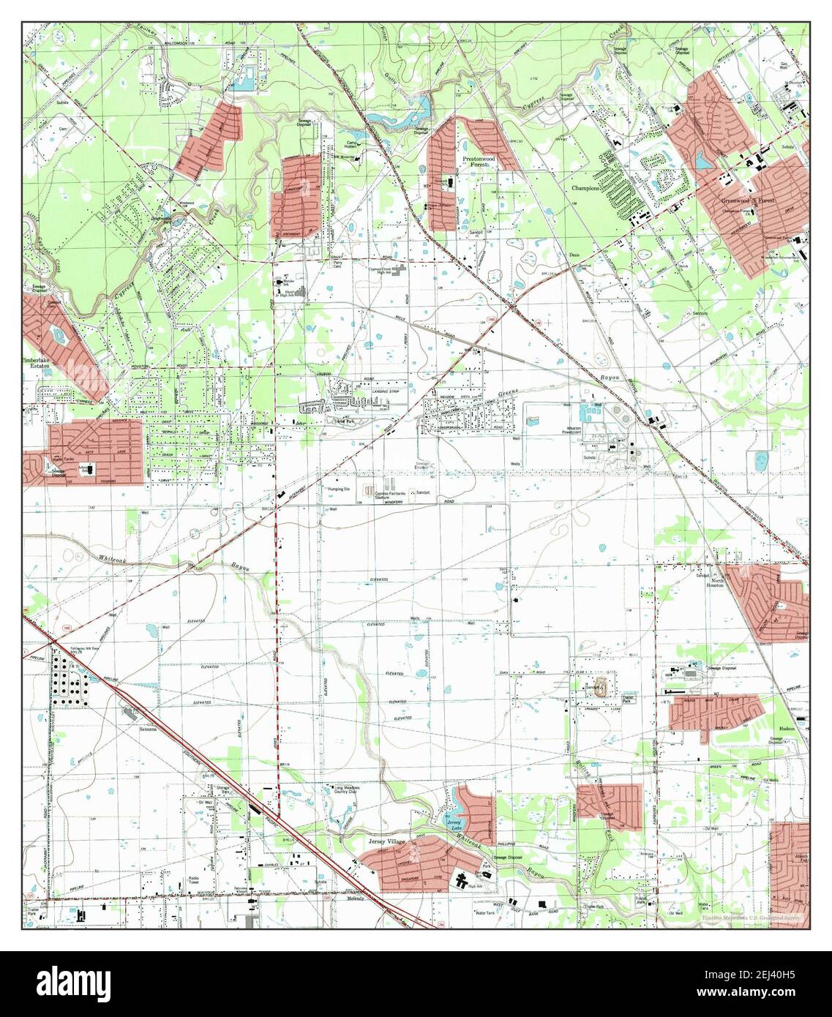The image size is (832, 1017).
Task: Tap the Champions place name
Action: click(x=586, y=188)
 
